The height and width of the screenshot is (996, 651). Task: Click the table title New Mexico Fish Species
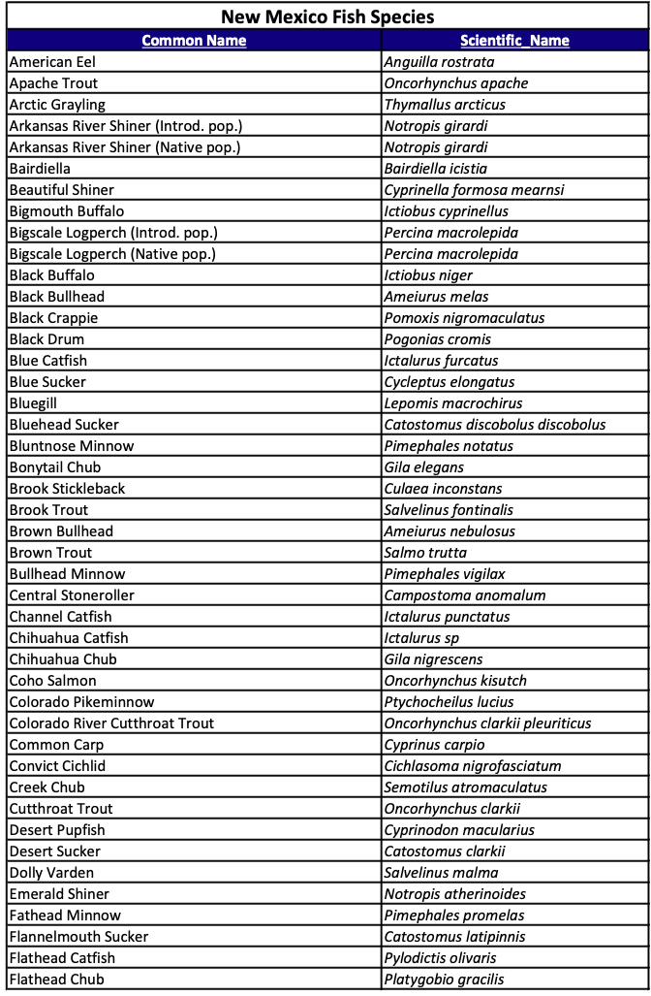click(326, 16)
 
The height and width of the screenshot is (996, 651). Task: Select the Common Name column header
click(194, 41)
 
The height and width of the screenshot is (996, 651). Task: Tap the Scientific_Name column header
click(514, 41)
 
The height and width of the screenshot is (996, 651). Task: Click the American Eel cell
click(52, 62)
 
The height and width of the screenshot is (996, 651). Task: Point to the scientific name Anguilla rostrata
click(439, 62)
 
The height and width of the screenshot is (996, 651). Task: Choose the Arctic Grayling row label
click(57, 105)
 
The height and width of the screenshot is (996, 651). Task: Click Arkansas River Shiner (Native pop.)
click(124, 147)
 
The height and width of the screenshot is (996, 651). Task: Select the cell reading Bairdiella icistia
click(435, 169)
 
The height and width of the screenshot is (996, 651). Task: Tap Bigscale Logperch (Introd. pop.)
click(113, 233)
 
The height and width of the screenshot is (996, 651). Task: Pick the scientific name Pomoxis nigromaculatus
click(464, 318)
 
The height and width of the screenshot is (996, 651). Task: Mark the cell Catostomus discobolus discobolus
click(495, 425)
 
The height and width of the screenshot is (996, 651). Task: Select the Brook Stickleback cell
click(67, 489)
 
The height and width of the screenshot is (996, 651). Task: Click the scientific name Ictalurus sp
click(421, 638)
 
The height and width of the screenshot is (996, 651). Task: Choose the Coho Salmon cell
click(52, 681)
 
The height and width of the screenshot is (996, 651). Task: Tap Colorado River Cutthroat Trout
click(111, 723)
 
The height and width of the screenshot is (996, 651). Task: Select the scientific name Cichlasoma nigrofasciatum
click(472, 766)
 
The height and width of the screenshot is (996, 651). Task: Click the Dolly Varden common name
click(51, 873)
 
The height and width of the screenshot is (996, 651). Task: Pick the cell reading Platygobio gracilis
click(444, 980)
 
